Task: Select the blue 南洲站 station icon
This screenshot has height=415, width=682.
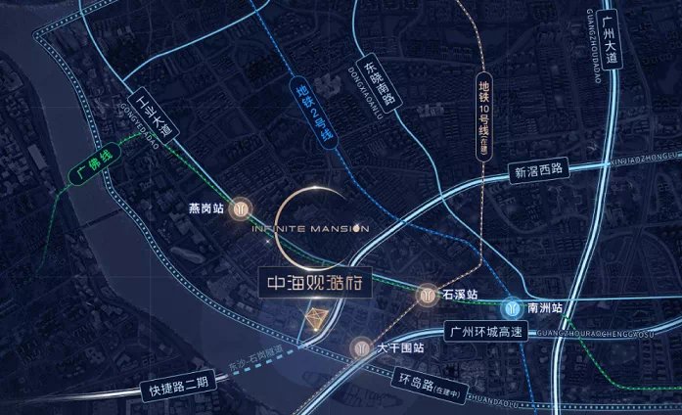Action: click(x=513, y=306)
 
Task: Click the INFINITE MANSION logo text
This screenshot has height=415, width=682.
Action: click(x=311, y=229)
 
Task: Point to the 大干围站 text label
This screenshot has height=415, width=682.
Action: click(x=399, y=347)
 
